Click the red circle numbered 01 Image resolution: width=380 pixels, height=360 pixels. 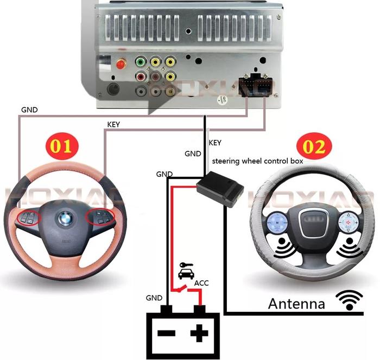[x=61, y=145]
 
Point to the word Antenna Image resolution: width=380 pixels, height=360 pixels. [x=296, y=303]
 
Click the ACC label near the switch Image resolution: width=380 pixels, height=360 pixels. [x=201, y=282]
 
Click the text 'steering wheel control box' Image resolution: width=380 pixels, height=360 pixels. [x=257, y=161]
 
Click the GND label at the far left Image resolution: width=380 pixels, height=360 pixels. [x=29, y=109]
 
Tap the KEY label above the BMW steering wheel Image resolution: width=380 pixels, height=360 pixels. [x=113, y=124]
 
